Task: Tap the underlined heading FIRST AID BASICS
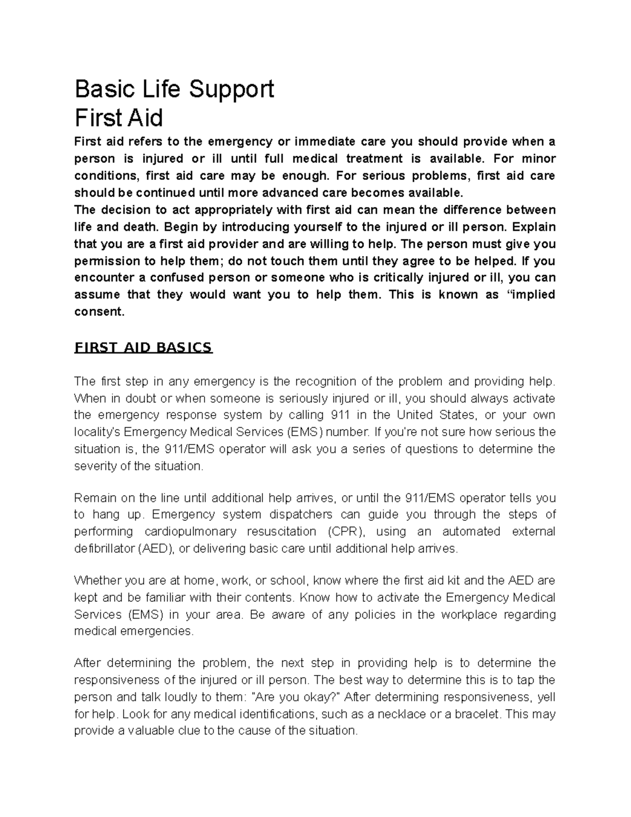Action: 143,348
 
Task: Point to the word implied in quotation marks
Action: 533,295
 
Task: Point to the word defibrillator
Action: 105,549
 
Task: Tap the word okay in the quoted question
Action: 321,697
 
